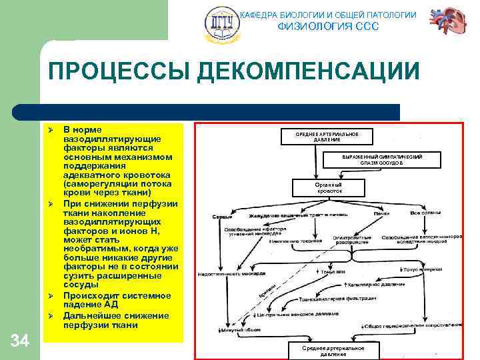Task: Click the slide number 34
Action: [x=20, y=341]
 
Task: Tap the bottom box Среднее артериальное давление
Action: [x=333, y=351]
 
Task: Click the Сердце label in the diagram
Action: [x=222, y=217]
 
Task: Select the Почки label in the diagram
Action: [x=381, y=213]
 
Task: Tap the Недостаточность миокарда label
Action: [x=223, y=274]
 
